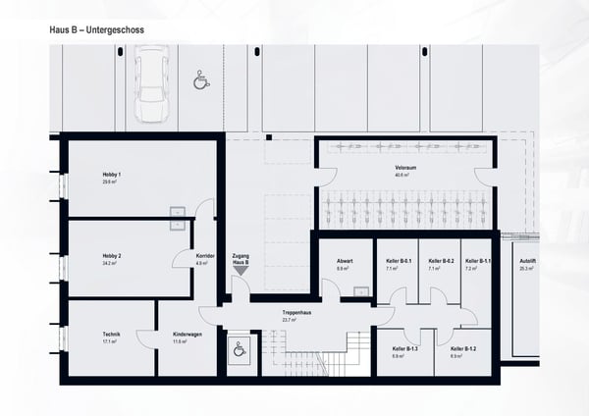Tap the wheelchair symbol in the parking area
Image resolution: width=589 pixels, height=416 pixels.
201,78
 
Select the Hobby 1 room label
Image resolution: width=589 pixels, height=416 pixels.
111,175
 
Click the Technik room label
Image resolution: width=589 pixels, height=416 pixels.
111,335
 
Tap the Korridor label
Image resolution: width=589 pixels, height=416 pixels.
205,256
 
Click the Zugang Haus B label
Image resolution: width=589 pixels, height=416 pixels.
241,257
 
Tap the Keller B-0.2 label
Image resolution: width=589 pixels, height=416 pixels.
441,261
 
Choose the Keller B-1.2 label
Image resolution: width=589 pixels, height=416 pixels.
462,349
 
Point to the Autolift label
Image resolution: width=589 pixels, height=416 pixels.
526,261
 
